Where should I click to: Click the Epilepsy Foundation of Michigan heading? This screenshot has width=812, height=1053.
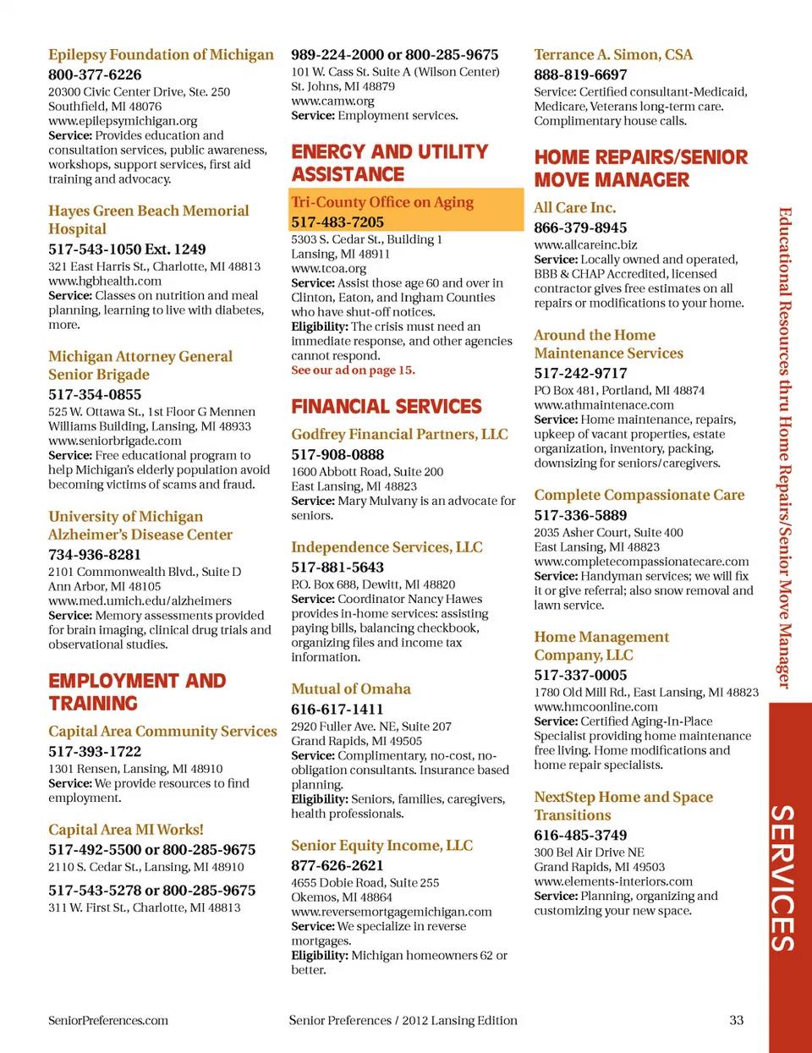click(x=161, y=55)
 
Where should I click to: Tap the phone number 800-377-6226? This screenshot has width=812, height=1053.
click(x=95, y=74)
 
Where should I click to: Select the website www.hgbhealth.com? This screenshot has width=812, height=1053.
click(x=105, y=281)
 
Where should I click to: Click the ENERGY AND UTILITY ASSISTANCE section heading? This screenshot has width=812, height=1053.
click(x=389, y=163)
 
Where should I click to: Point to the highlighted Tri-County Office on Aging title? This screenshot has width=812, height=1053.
click(x=382, y=202)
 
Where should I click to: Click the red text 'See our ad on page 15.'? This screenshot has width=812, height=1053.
click(x=353, y=370)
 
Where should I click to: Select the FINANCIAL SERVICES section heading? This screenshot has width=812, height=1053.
click(x=387, y=407)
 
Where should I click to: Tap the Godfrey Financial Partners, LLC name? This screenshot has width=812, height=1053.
click(x=399, y=435)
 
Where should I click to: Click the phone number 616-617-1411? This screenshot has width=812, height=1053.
click(x=337, y=710)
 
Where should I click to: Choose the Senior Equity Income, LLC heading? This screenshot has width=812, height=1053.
click(x=381, y=846)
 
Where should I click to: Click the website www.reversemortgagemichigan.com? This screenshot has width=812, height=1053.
click(x=392, y=912)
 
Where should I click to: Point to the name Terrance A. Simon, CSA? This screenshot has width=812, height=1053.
click(x=613, y=55)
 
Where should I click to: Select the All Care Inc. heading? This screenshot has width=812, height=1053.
click(x=574, y=208)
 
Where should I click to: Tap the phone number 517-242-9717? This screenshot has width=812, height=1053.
click(x=580, y=374)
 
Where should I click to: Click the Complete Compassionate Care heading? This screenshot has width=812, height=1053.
click(x=639, y=496)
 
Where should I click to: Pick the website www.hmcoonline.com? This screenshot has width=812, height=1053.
click(x=595, y=707)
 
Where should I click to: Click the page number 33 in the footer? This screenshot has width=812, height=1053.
click(x=737, y=1021)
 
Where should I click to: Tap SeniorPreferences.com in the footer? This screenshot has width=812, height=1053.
click(x=108, y=1021)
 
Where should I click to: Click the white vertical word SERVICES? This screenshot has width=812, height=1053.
click(x=782, y=878)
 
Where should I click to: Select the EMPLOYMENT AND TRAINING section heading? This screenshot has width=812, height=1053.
click(x=137, y=693)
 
